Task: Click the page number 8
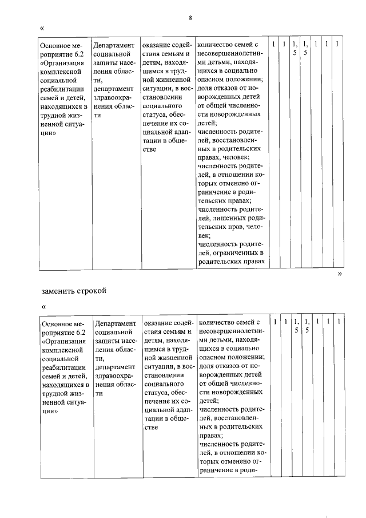coord(189,18)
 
